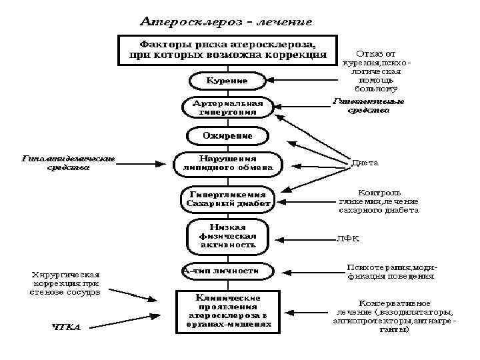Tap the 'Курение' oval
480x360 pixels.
pos(227,81)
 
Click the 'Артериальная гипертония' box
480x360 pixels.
pos(227,108)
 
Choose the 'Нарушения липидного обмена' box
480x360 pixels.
pos(227,164)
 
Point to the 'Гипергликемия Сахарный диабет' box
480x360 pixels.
pos(227,198)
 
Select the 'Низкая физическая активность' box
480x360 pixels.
pos(227,236)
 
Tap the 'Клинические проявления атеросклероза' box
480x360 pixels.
pos(228,310)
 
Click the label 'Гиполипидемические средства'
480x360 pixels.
pos(68,163)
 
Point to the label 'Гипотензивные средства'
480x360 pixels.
pos(369,106)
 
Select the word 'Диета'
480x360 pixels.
pos(366,162)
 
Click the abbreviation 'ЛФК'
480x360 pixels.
pos(343,237)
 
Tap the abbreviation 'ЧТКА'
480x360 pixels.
pos(66,327)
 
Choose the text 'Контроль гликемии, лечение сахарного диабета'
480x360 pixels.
pos(378,201)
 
